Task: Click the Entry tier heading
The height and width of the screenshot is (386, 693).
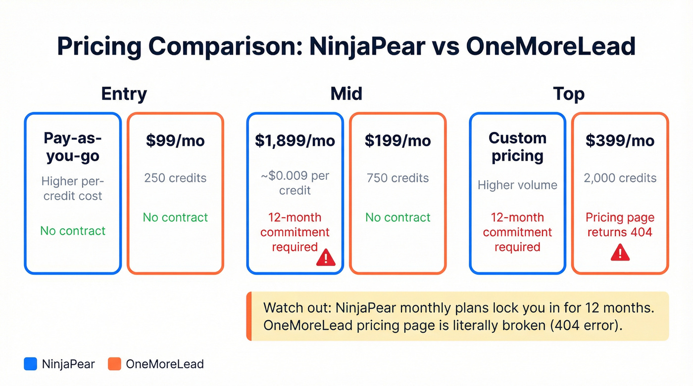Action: pos(124,93)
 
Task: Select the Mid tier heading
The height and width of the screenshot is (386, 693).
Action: pos(346,93)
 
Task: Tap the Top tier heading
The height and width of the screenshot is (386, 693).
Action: pos(569,93)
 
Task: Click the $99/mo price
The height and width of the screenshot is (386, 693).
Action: pos(175,140)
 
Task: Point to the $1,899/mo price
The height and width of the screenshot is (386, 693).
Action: pos(295,140)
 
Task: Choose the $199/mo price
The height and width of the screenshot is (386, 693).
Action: pos(397,140)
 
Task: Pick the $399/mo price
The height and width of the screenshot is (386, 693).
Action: pos(620,140)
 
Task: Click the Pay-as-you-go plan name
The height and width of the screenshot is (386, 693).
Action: pos(72,147)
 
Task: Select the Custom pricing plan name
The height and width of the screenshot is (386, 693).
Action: pos(517,147)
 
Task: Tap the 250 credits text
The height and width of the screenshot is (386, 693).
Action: pos(175,178)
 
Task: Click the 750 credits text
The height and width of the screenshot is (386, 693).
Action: pos(397,178)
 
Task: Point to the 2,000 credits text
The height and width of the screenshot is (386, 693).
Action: pos(620,178)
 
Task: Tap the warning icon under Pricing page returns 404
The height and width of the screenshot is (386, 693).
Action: pos(620,253)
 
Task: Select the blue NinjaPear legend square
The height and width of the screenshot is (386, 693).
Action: pos(31,364)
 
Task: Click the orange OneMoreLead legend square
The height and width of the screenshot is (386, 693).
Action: pos(114,364)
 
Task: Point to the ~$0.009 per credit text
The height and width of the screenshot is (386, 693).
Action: pos(295,183)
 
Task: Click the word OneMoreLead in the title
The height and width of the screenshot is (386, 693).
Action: pos(550,46)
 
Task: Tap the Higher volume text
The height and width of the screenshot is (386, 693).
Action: pos(517,185)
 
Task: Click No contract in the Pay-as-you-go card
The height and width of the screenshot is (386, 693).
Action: pos(73,231)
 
